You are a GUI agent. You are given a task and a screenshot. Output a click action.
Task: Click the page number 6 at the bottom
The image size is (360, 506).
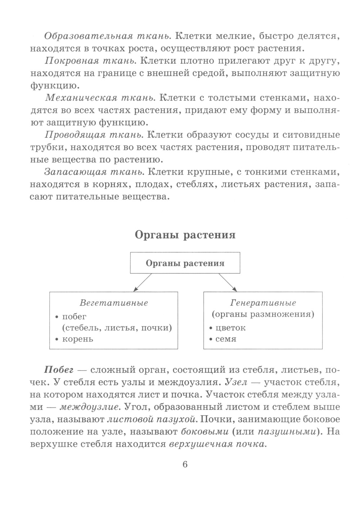tap(185, 464)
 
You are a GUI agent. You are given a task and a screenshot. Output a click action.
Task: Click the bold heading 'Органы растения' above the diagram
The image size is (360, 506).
tap(185, 235)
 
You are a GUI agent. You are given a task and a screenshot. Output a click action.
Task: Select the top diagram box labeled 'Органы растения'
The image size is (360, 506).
tap(185, 263)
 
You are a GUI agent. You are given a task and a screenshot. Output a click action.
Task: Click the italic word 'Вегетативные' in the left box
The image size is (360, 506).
tap(114, 303)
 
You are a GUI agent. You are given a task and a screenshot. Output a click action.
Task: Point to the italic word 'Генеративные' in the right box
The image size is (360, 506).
tap(263, 303)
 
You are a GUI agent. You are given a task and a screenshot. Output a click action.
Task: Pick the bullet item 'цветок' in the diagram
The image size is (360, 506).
tap(230, 328)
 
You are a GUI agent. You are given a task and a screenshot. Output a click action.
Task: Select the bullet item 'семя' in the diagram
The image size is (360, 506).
tap(226, 339)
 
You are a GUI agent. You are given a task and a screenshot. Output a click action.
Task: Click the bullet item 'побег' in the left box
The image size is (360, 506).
tap(75, 317)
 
